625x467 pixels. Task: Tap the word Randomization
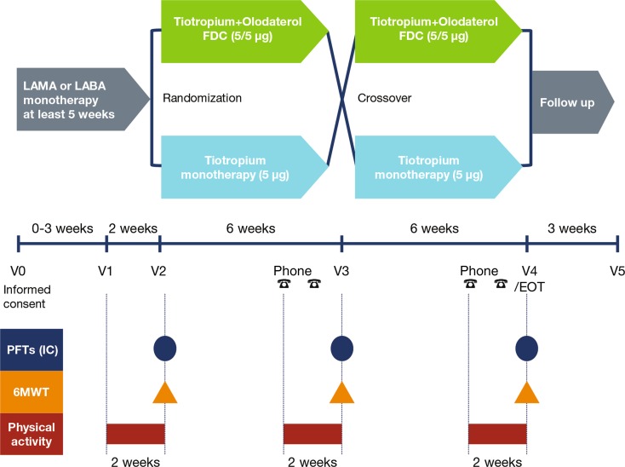point(203,98)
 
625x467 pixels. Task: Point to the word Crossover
point(384,98)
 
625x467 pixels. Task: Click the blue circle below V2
point(165,349)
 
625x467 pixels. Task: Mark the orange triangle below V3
point(341,391)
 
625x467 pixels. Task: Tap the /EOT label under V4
point(528,287)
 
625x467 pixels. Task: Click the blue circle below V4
point(527,349)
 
